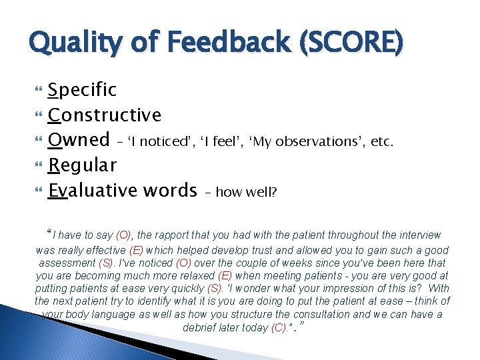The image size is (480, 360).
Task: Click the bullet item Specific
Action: (83, 90)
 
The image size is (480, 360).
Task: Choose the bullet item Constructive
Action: (105, 115)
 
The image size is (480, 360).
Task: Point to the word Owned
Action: (79, 139)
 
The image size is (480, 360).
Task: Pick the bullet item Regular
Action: (83, 165)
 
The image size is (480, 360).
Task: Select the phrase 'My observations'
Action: (303, 142)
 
